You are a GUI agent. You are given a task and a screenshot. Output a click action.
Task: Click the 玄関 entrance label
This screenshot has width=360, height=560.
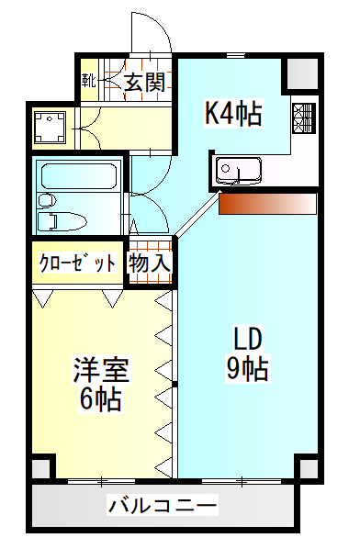145,83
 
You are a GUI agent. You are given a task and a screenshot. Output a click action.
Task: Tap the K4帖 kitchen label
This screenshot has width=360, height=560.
233,113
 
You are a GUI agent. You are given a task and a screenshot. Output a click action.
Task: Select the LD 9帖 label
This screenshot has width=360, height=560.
247,353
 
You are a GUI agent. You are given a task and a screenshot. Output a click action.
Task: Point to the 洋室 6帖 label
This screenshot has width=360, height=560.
101,384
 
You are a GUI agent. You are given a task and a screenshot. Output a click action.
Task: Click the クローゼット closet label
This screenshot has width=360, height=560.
77,263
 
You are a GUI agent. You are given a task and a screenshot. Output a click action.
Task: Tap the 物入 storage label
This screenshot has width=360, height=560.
150,263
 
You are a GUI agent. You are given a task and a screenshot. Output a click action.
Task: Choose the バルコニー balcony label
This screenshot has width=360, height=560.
163,505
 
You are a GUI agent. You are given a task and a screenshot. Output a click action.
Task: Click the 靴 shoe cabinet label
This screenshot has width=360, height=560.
88,81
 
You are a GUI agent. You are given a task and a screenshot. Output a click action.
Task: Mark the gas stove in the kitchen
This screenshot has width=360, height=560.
304,118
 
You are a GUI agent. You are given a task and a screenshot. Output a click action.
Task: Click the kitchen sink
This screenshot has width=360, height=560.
238,171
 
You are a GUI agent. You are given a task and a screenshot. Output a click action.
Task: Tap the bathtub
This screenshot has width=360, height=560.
80,175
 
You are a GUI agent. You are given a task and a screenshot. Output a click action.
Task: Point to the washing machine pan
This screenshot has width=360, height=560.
50,127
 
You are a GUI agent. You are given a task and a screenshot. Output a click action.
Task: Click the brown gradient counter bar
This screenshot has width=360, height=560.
268,204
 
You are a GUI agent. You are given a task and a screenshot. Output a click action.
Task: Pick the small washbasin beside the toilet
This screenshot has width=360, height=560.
47,200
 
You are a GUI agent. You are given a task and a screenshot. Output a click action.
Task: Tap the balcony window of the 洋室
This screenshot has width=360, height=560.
102,481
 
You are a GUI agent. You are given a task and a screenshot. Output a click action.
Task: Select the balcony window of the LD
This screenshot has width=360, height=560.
242,481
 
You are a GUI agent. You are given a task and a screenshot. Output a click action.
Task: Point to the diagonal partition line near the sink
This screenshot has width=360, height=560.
197,214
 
